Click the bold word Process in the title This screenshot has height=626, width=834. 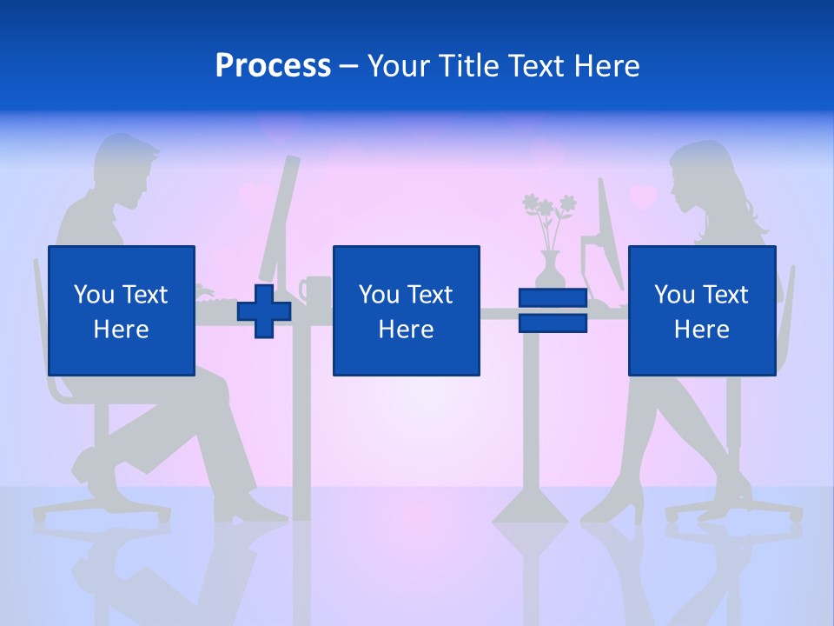[273, 66]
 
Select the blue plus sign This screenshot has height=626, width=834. [264, 310]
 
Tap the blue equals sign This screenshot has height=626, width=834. [553, 310]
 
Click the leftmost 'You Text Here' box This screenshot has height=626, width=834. [122, 310]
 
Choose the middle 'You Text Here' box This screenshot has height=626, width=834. [406, 310]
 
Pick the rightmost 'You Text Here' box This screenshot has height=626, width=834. [701, 310]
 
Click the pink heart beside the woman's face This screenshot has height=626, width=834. [642, 197]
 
